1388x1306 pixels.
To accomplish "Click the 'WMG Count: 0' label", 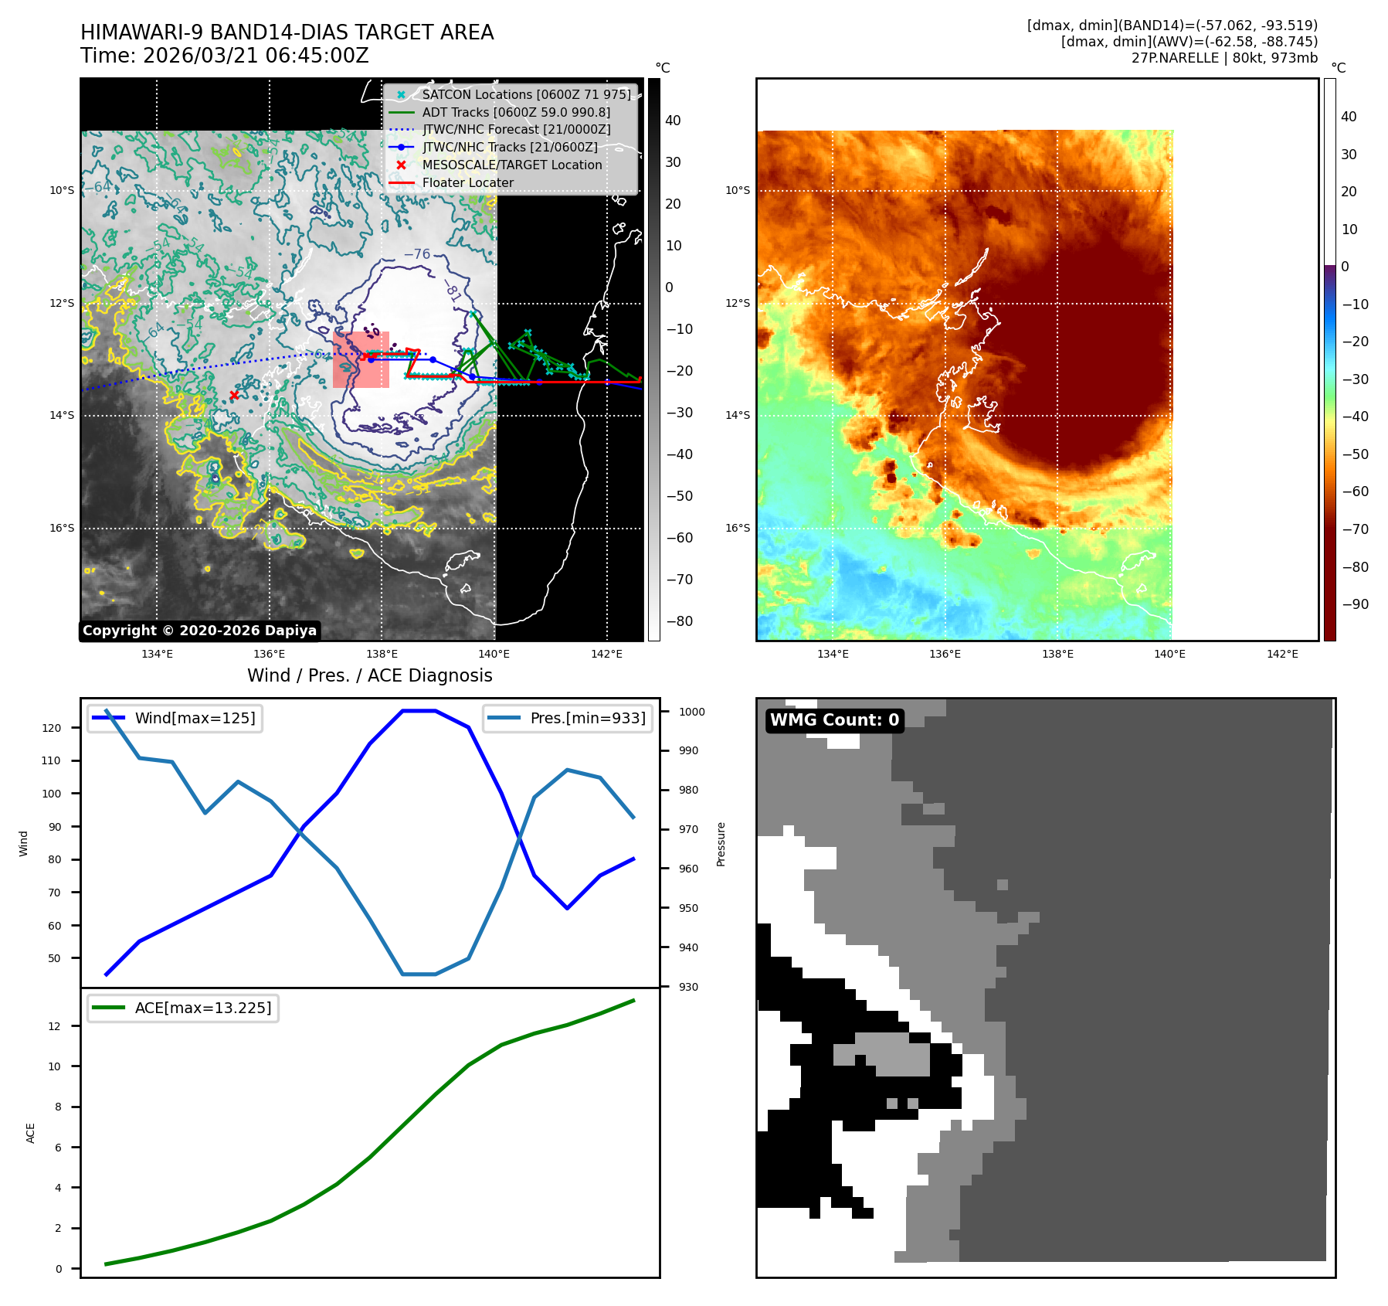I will point(834,720).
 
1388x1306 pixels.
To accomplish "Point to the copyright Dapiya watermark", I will point(199,631).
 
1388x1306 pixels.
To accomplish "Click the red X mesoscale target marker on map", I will point(234,395).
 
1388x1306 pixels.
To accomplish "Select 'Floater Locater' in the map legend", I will point(467,183).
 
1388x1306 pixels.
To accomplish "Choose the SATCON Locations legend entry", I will point(525,95).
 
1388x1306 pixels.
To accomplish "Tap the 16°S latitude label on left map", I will point(63,529).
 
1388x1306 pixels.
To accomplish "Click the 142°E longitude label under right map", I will point(1282,654).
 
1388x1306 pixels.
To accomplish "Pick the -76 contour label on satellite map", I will point(417,254).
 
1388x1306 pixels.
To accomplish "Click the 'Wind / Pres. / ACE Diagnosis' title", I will point(369,675).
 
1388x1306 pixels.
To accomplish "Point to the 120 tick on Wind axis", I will point(52,728).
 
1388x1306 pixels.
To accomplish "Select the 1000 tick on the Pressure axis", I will point(691,712).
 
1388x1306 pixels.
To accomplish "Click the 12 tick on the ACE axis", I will point(54,1026).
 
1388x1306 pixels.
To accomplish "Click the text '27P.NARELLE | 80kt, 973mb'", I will point(1224,58).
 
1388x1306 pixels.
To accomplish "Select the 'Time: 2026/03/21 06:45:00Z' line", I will point(224,56).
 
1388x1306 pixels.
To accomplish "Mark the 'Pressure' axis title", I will point(721,844).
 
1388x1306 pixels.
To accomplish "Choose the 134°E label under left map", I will point(157,654).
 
